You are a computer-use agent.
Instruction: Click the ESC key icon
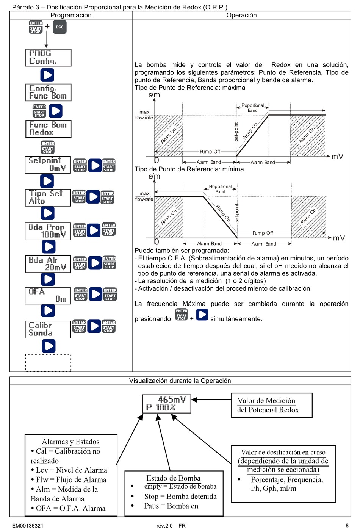point(59,27)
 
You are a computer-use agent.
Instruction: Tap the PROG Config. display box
point(48,57)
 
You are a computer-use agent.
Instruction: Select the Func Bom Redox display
point(48,129)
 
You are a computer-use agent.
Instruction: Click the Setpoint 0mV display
point(48,165)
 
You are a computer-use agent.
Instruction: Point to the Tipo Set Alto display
point(48,197)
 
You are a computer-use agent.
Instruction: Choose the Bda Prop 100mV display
point(48,231)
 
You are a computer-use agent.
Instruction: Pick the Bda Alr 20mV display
point(48,264)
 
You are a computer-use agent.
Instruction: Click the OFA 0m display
point(48,296)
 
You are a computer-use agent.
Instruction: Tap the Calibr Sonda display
point(48,329)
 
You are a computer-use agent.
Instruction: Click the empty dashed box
point(48,363)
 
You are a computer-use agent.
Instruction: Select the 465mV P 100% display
point(166,404)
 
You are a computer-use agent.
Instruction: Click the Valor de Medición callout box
point(271,405)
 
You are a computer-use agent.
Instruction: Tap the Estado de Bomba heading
point(173,478)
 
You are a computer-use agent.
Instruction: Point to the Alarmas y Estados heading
point(70,442)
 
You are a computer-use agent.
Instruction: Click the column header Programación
point(71,15)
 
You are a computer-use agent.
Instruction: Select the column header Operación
point(241,15)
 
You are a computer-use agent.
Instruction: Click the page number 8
point(347,525)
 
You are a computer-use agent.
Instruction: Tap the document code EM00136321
point(28,526)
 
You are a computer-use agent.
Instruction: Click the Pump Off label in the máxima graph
point(210,152)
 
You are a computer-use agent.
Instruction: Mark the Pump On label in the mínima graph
point(223,213)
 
